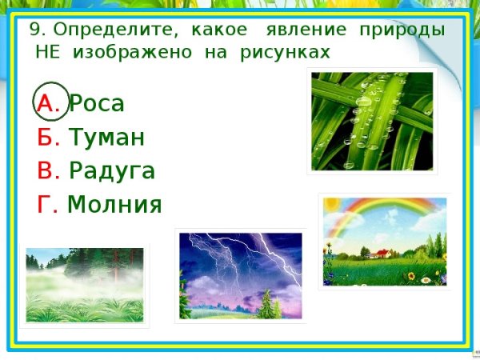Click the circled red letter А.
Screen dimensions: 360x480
[48, 103]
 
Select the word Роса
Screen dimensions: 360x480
[97, 103]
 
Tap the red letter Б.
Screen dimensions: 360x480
[49, 138]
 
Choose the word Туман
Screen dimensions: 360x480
[106, 138]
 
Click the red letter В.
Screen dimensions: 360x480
[49, 171]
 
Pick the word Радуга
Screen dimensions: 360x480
[112, 171]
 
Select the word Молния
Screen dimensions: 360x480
[115, 206]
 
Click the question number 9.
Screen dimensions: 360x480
[36, 30]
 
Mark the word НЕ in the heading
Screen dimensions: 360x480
[48, 53]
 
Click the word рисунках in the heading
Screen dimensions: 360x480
[285, 53]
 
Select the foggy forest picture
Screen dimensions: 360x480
[84, 285]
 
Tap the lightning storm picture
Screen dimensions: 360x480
[240, 275]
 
